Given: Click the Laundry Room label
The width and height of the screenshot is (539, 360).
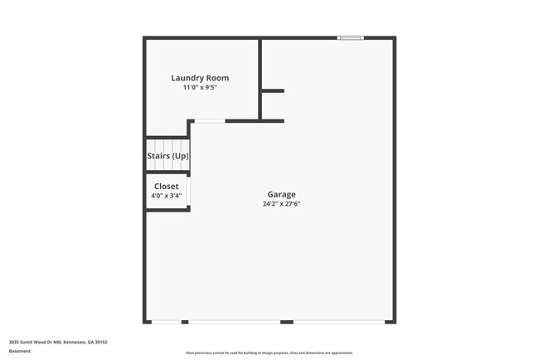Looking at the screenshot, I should [x=200, y=78].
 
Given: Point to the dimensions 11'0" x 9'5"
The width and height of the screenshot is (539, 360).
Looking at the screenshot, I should [x=200, y=87].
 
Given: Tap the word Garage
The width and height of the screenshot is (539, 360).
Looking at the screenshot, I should [x=281, y=194].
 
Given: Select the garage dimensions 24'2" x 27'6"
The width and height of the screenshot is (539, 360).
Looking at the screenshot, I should [x=281, y=203].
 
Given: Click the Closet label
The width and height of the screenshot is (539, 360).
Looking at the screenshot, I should [x=166, y=187].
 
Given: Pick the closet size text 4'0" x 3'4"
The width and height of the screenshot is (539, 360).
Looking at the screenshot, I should [x=166, y=196].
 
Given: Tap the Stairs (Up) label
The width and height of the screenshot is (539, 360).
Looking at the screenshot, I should [x=168, y=155].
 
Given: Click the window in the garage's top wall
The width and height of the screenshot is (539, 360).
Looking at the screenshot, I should [x=349, y=37].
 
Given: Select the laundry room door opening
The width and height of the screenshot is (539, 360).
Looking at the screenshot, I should [x=209, y=122].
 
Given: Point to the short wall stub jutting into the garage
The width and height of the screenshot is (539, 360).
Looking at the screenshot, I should [x=273, y=90].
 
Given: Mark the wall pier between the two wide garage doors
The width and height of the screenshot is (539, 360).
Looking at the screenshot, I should [x=286, y=322].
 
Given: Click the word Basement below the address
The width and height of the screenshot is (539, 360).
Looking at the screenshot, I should [x=20, y=351].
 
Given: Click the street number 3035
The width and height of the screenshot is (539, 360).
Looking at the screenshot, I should [x=13, y=342].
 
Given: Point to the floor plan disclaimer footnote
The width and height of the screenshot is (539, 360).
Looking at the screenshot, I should [x=269, y=353].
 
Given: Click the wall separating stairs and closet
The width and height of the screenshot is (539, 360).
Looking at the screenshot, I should [x=168, y=173].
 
